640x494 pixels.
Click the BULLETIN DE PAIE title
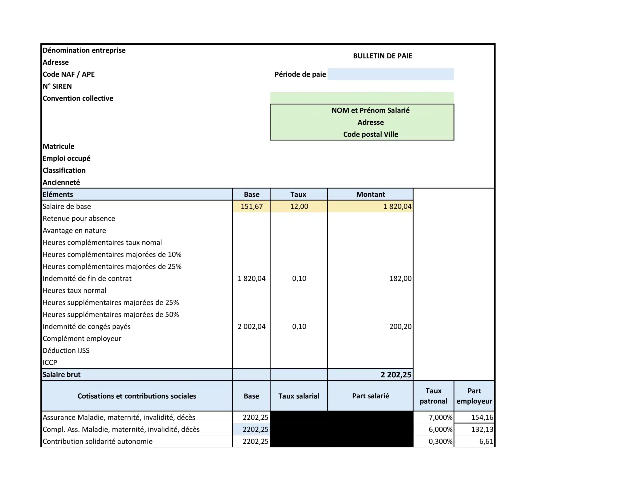click(x=382, y=56)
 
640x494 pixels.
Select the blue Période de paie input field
click(x=390, y=74)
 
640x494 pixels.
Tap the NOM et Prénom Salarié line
click(x=370, y=110)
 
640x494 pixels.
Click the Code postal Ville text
click(x=370, y=134)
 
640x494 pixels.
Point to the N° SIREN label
click(x=57, y=86)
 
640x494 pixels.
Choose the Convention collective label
click(x=78, y=98)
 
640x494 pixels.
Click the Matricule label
click(x=58, y=146)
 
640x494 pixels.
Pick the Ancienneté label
click(x=61, y=182)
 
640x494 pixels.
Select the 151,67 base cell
click(x=251, y=207)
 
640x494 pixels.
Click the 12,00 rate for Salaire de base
click(x=299, y=207)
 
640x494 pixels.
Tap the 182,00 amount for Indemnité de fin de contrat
click(x=400, y=278)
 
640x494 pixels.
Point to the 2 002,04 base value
click(x=251, y=326)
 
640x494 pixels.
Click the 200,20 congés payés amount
click(x=400, y=326)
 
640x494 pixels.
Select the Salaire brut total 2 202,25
click(x=395, y=375)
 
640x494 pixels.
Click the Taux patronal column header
click(x=433, y=396)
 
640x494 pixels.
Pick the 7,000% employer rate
click(x=440, y=417)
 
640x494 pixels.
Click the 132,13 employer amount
click(x=482, y=429)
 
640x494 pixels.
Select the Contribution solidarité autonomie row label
click(x=97, y=441)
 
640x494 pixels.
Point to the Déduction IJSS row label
click(x=66, y=350)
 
